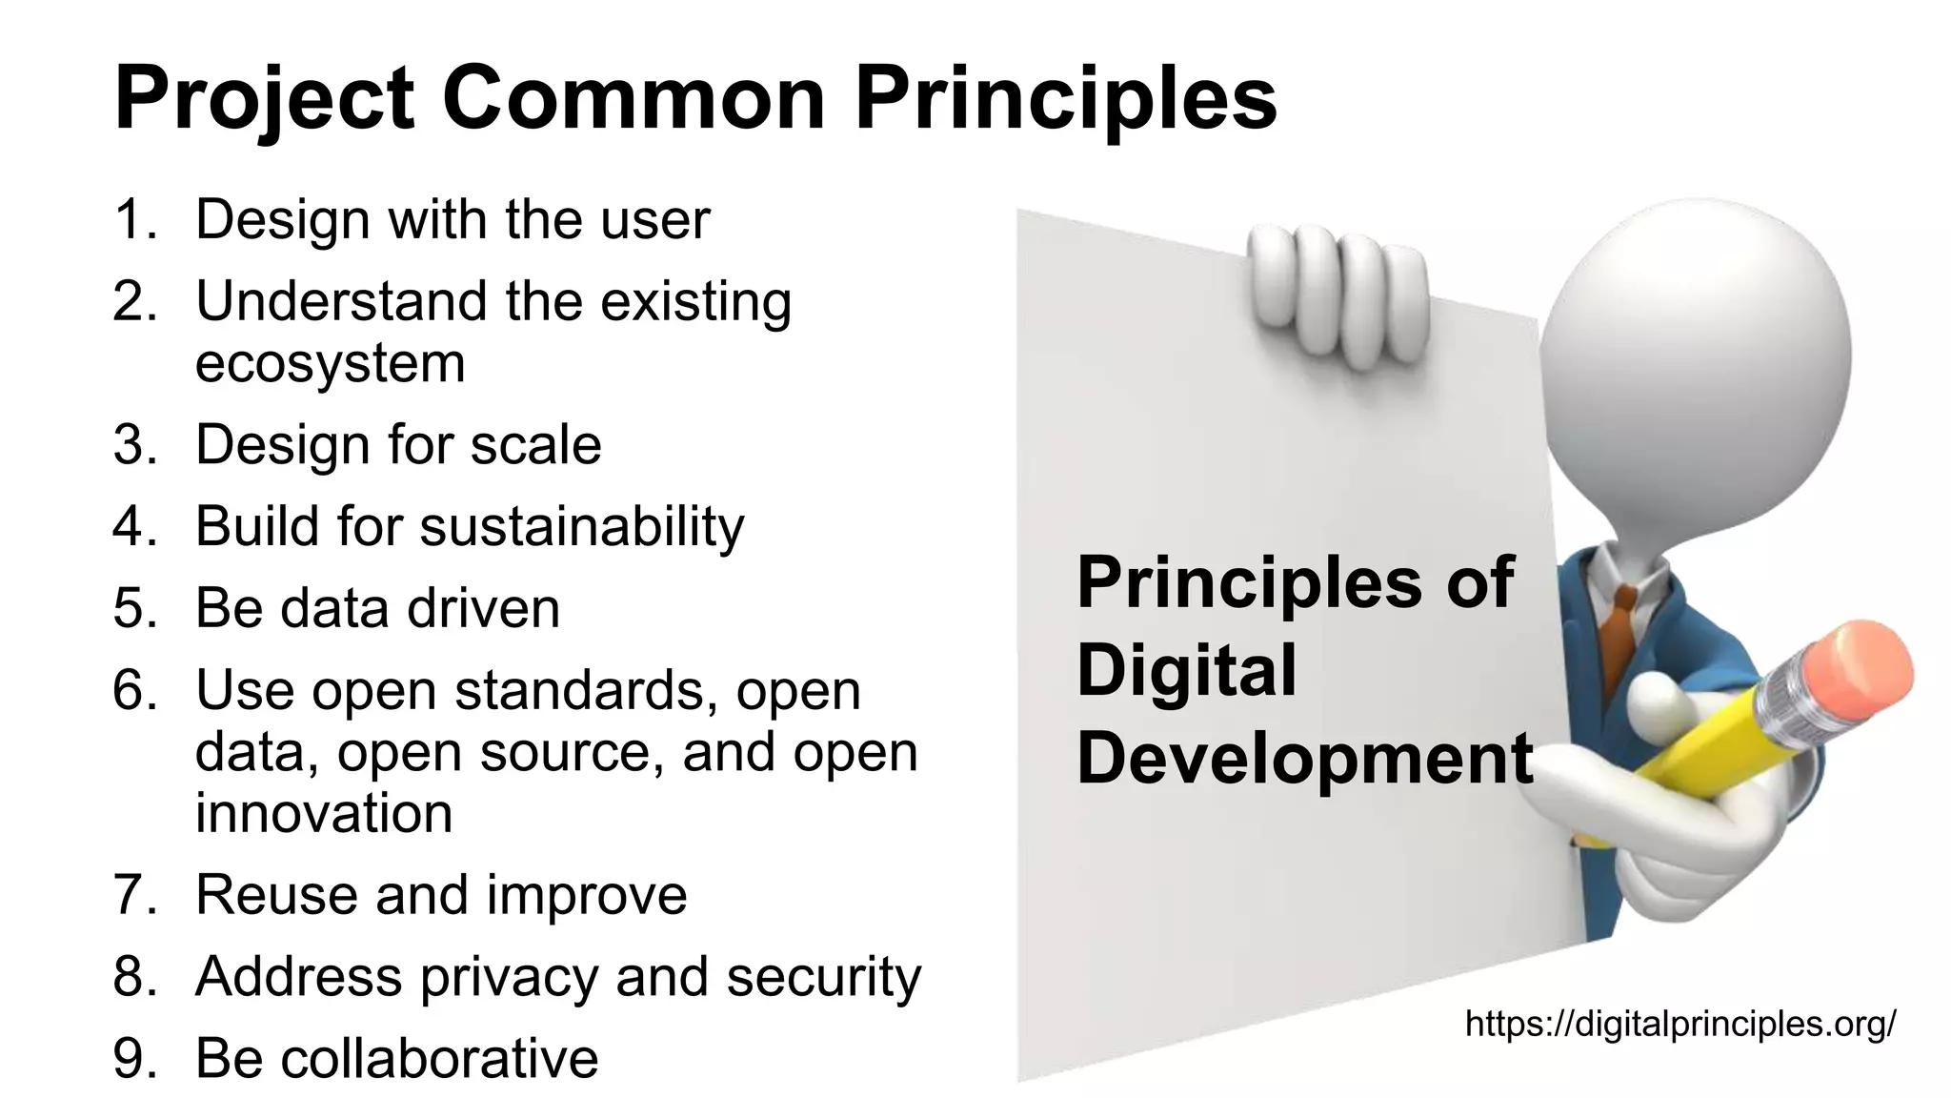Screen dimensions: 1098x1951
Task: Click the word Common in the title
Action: (x=633, y=98)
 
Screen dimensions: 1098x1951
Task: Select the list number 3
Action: (x=134, y=445)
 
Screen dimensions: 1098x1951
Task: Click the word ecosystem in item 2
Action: (x=330, y=364)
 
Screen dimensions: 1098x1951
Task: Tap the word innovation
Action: (x=324, y=814)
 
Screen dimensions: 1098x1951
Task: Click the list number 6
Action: (x=134, y=690)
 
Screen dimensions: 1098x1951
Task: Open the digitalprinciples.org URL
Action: (x=1679, y=1024)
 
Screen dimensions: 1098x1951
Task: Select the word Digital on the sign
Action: (x=1186, y=670)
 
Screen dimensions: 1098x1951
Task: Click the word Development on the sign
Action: (x=1304, y=759)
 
